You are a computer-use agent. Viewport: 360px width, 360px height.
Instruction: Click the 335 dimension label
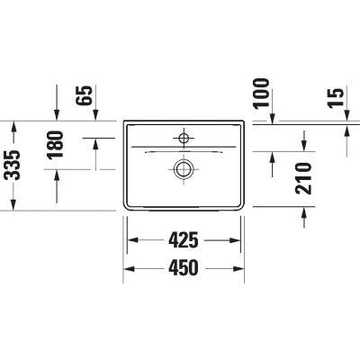coord(13,165)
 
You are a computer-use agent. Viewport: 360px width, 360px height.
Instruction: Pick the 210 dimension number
coord(304,178)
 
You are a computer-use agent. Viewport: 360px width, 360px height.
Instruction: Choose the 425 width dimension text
coord(184,240)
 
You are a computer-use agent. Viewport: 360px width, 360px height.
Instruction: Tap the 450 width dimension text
coord(184,268)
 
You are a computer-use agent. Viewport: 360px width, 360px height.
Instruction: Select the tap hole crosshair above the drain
coord(184,138)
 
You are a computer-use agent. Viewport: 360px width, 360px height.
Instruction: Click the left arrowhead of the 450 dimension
coord(128,268)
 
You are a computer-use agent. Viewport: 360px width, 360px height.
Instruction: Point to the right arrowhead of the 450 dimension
coord(239,268)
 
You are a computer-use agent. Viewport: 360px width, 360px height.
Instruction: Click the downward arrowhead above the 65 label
coord(58,112)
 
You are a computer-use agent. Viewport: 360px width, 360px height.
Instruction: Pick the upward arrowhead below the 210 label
coord(304,211)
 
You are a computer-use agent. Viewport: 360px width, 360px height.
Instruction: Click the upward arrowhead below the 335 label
coord(13,204)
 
